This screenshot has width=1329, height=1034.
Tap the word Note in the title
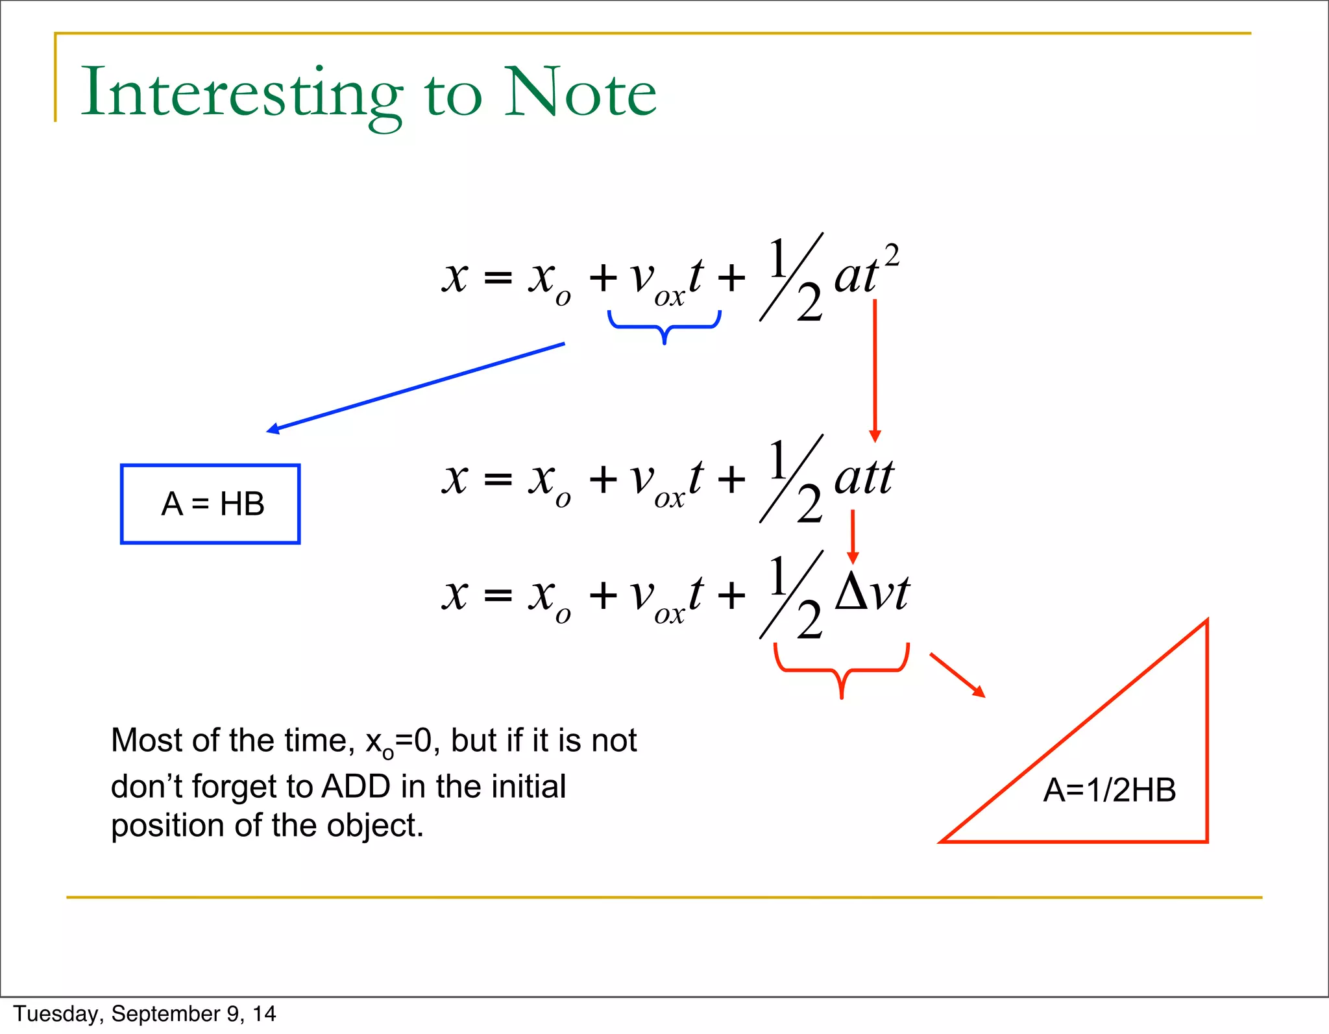pyautogui.click(x=579, y=93)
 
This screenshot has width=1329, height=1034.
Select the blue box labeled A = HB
pyautogui.click(x=210, y=504)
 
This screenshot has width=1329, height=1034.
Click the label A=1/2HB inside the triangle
pyautogui.click(x=1109, y=791)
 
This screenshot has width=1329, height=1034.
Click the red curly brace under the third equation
pyautogui.click(x=841, y=669)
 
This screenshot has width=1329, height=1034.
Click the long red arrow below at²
pyautogui.click(x=875, y=370)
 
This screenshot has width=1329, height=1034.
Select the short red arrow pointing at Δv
pyautogui.click(x=853, y=536)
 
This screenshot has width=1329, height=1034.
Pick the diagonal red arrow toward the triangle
pyautogui.click(x=957, y=675)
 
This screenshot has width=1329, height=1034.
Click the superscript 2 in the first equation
pyautogui.click(x=892, y=256)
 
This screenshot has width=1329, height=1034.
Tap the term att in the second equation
pyautogui.click(x=864, y=479)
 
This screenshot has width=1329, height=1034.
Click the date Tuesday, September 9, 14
pyautogui.click(x=145, y=1014)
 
